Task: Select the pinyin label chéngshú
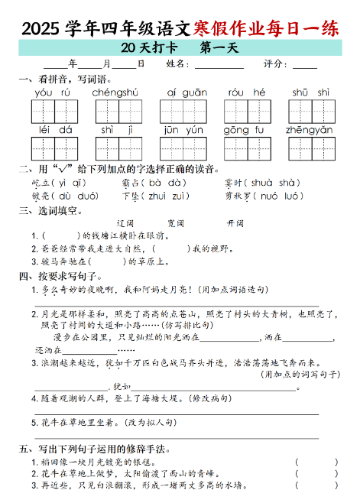(115, 92)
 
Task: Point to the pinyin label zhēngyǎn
(309, 130)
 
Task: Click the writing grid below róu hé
(246, 112)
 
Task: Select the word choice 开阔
(235, 222)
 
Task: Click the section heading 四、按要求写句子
(60, 275)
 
